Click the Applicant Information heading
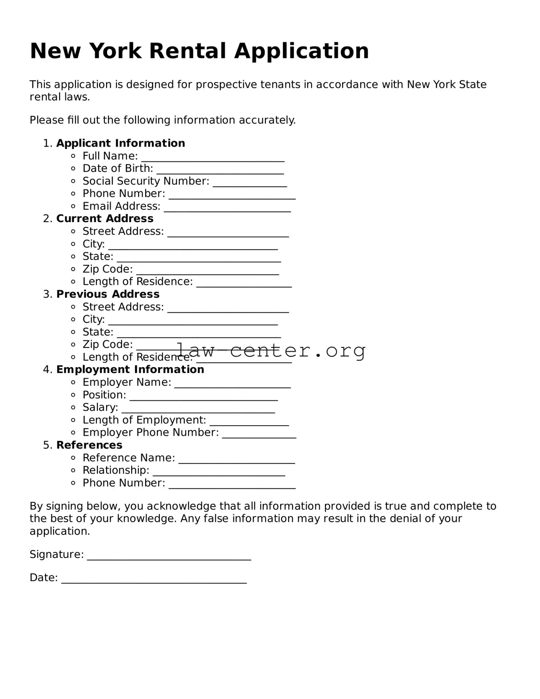(121, 143)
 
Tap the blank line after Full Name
(213, 159)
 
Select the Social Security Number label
(146, 181)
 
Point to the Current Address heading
(105, 219)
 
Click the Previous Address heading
(108, 294)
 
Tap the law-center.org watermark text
(271, 351)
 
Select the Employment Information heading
(130, 370)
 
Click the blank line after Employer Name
(232, 385)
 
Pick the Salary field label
(100, 408)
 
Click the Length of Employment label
(144, 420)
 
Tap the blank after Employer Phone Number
(259, 436)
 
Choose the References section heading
(89, 445)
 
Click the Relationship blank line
(218, 473)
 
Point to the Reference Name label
(129, 458)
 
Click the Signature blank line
(169, 558)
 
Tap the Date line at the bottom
(154, 581)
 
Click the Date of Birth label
(118, 169)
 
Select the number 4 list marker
(47, 370)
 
